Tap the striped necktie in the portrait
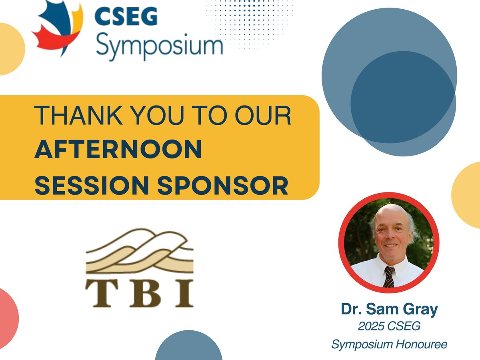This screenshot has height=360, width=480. point(388,276)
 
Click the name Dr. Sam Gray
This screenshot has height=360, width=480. point(389,309)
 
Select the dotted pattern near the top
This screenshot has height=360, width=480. point(248,20)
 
